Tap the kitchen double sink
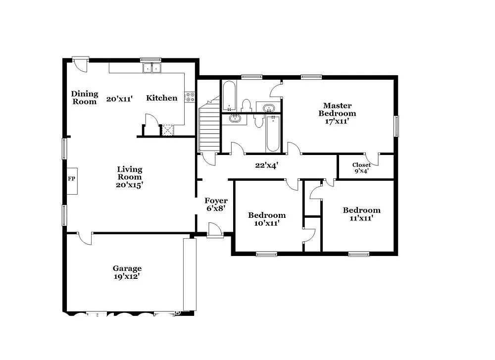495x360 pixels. pyautogui.click(x=152, y=68)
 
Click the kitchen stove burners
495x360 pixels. pyautogui.click(x=190, y=97)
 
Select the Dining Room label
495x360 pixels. pyautogui.click(x=85, y=98)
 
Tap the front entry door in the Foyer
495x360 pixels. pyautogui.click(x=215, y=231)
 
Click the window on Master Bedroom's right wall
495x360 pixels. pyautogui.click(x=396, y=126)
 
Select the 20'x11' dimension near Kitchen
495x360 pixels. pyautogui.click(x=119, y=99)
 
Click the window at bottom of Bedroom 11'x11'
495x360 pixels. pyautogui.click(x=358, y=254)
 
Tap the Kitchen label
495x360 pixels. pyautogui.click(x=161, y=98)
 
